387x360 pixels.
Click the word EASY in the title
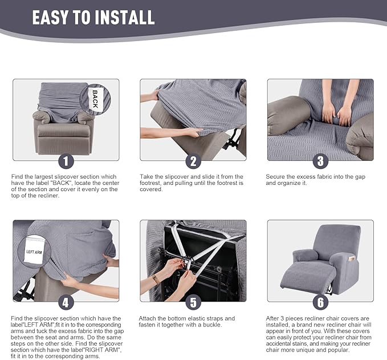pyautogui.click(x=52, y=17)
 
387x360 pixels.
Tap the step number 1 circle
pyautogui.click(x=66, y=161)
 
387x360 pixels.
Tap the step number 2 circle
pyautogui.click(x=193, y=161)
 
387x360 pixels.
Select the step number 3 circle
pyautogui.click(x=320, y=161)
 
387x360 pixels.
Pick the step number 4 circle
pyautogui.click(x=66, y=302)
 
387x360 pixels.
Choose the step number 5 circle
pyautogui.click(x=193, y=302)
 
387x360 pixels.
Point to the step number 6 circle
pyautogui.click(x=320, y=302)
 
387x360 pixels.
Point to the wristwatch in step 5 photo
pyautogui.click(x=156, y=280)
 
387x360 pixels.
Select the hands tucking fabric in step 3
pyautogui.click(x=336, y=114)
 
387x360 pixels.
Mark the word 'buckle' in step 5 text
pyautogui.click(x=209, y=325)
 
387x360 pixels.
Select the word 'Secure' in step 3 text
pyautogui.click(x=276, y=177)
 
